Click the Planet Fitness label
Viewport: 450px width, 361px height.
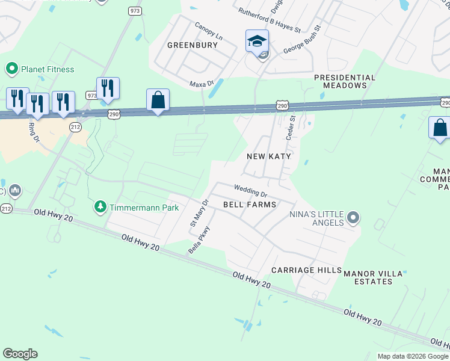[48, 69]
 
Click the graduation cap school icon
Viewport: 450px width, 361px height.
[257, 41]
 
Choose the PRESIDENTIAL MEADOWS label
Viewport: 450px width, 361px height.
[344, 82]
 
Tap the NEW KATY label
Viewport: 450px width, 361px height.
[269, 156]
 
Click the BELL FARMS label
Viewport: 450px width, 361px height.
[250, 205]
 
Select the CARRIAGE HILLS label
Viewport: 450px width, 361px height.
[306, 270]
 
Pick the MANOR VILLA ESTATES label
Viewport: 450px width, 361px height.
[373, 277]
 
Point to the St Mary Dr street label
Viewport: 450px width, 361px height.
[199, 214]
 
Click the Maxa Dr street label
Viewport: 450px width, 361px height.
[202, 84]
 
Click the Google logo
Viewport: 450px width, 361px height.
[20, 354]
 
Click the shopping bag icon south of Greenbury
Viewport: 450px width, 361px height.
[158, 100]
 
